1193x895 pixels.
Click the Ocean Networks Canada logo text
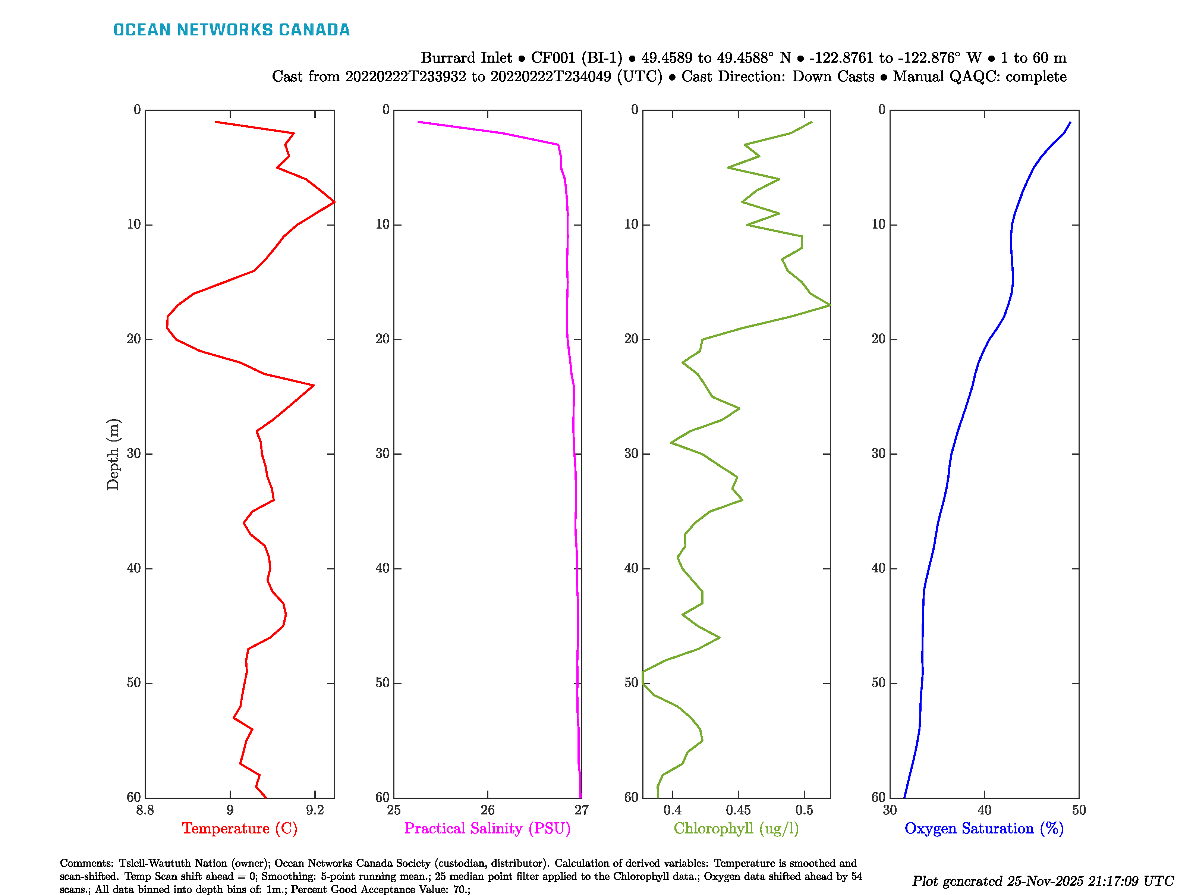232,30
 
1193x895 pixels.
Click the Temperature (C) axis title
239,829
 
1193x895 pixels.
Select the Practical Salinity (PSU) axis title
487,829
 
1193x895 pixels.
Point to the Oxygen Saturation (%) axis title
984,829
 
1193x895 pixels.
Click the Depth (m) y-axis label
113,454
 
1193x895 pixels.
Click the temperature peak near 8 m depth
334,202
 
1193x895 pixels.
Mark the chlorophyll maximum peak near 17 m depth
830,305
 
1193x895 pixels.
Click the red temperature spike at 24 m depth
314,385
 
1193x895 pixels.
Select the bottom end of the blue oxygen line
904,797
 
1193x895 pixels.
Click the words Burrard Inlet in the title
466,58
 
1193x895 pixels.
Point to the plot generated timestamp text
1042,881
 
